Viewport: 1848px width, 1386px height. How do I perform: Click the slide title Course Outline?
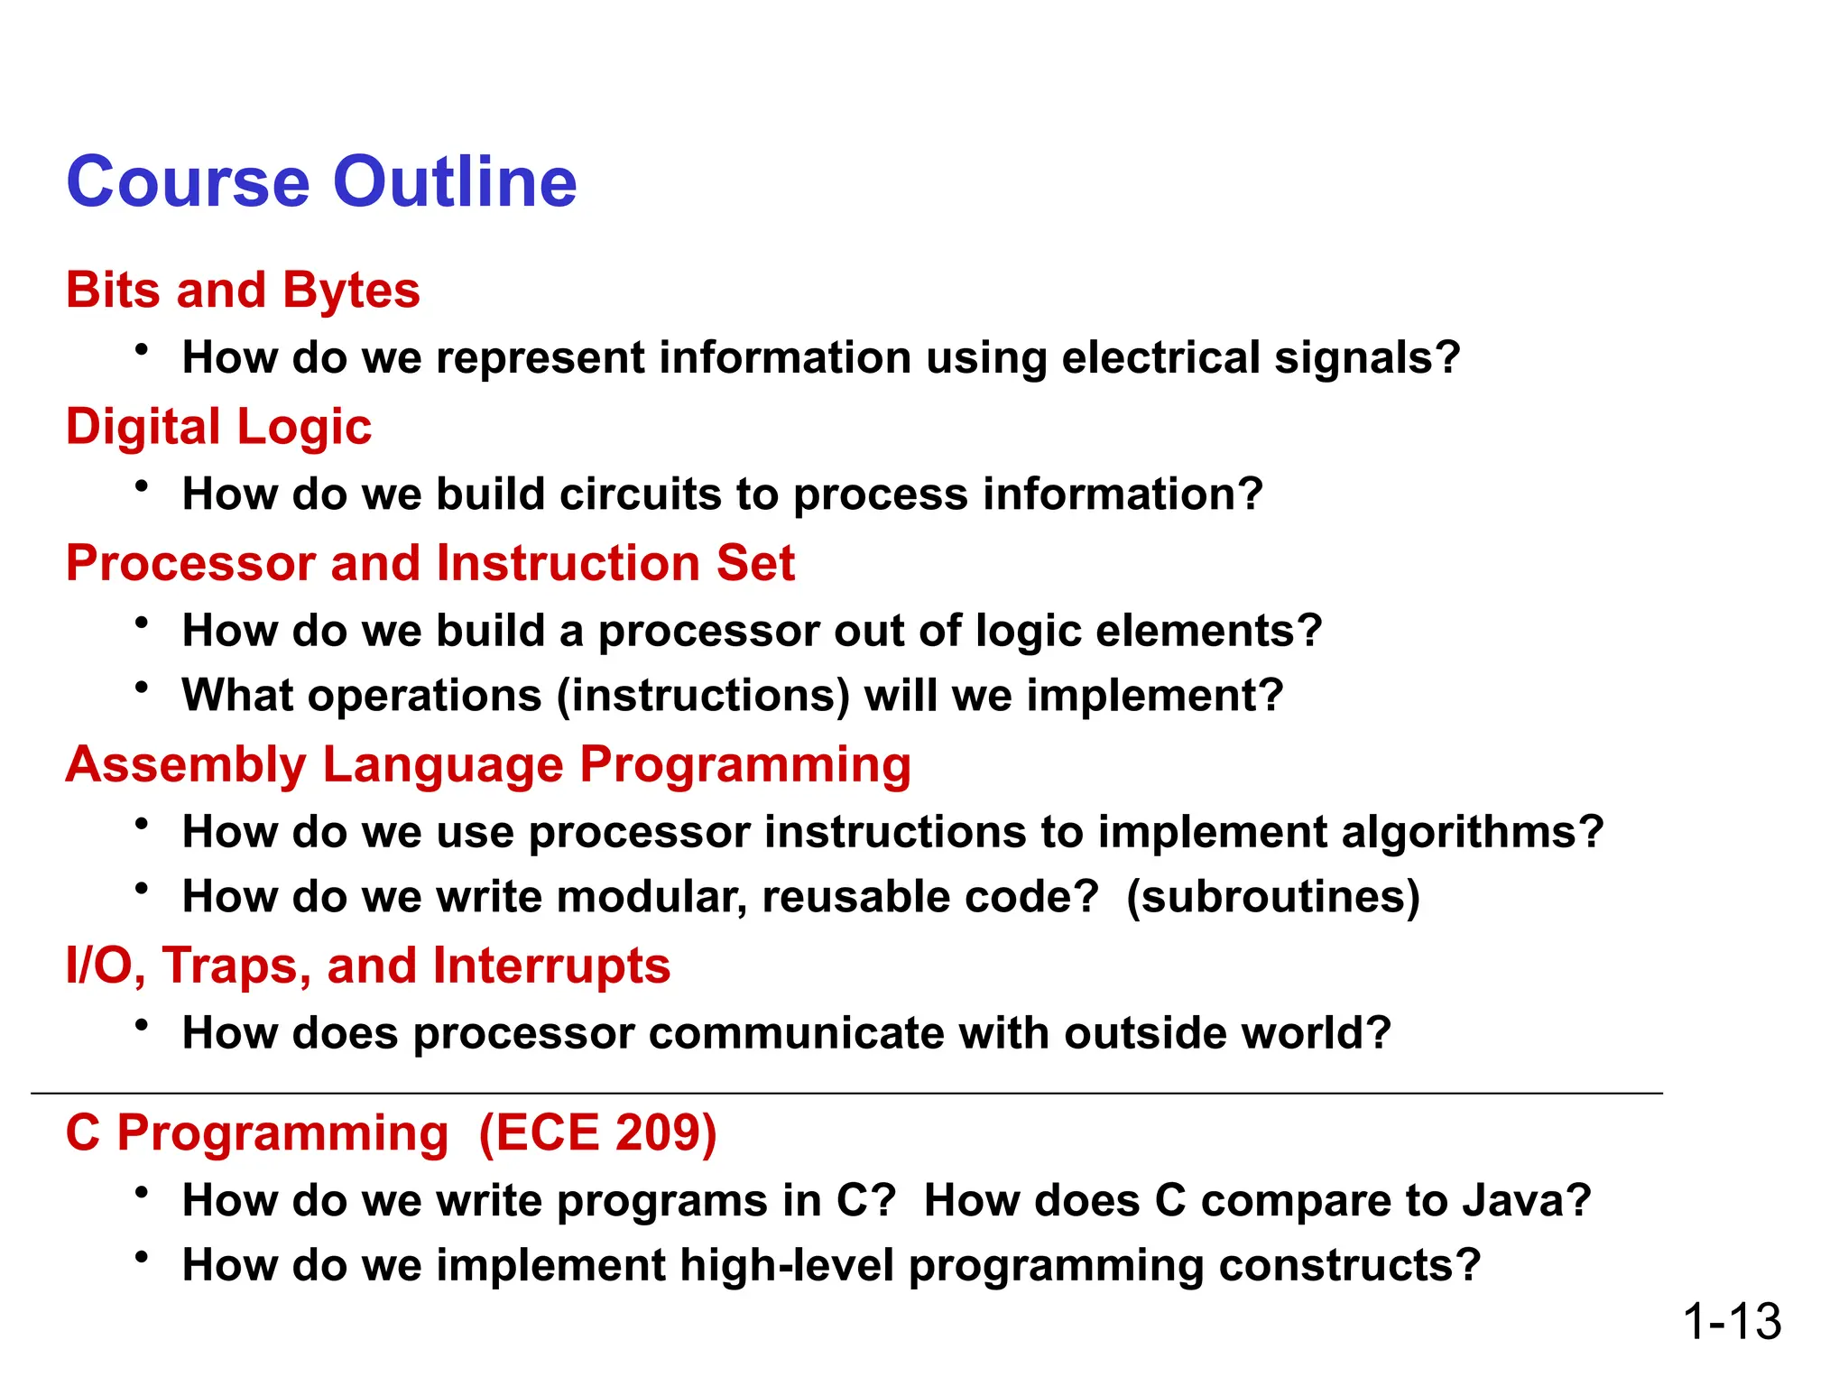click(321, 181)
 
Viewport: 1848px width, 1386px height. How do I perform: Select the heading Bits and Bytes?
click(243, 291)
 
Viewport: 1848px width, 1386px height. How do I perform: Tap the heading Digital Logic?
click(218, 426)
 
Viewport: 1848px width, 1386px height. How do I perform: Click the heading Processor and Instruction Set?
click(430, 563)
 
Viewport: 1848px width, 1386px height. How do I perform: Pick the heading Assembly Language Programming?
click(488, 765)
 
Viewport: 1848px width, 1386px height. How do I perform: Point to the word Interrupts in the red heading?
click(551, 966)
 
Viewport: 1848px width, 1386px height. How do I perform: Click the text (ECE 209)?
click(597, 1132)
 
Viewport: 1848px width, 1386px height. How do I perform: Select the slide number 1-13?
click(1732, 1321)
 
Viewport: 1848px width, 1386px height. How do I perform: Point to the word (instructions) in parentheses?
click(704, 696)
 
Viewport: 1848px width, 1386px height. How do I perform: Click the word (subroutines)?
click(1273, 897)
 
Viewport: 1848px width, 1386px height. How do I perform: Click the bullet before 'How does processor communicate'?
click(142, 1026)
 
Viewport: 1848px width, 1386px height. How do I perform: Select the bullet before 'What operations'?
click(142, 688)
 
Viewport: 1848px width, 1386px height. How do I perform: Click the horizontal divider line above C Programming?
click(846, 1094)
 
